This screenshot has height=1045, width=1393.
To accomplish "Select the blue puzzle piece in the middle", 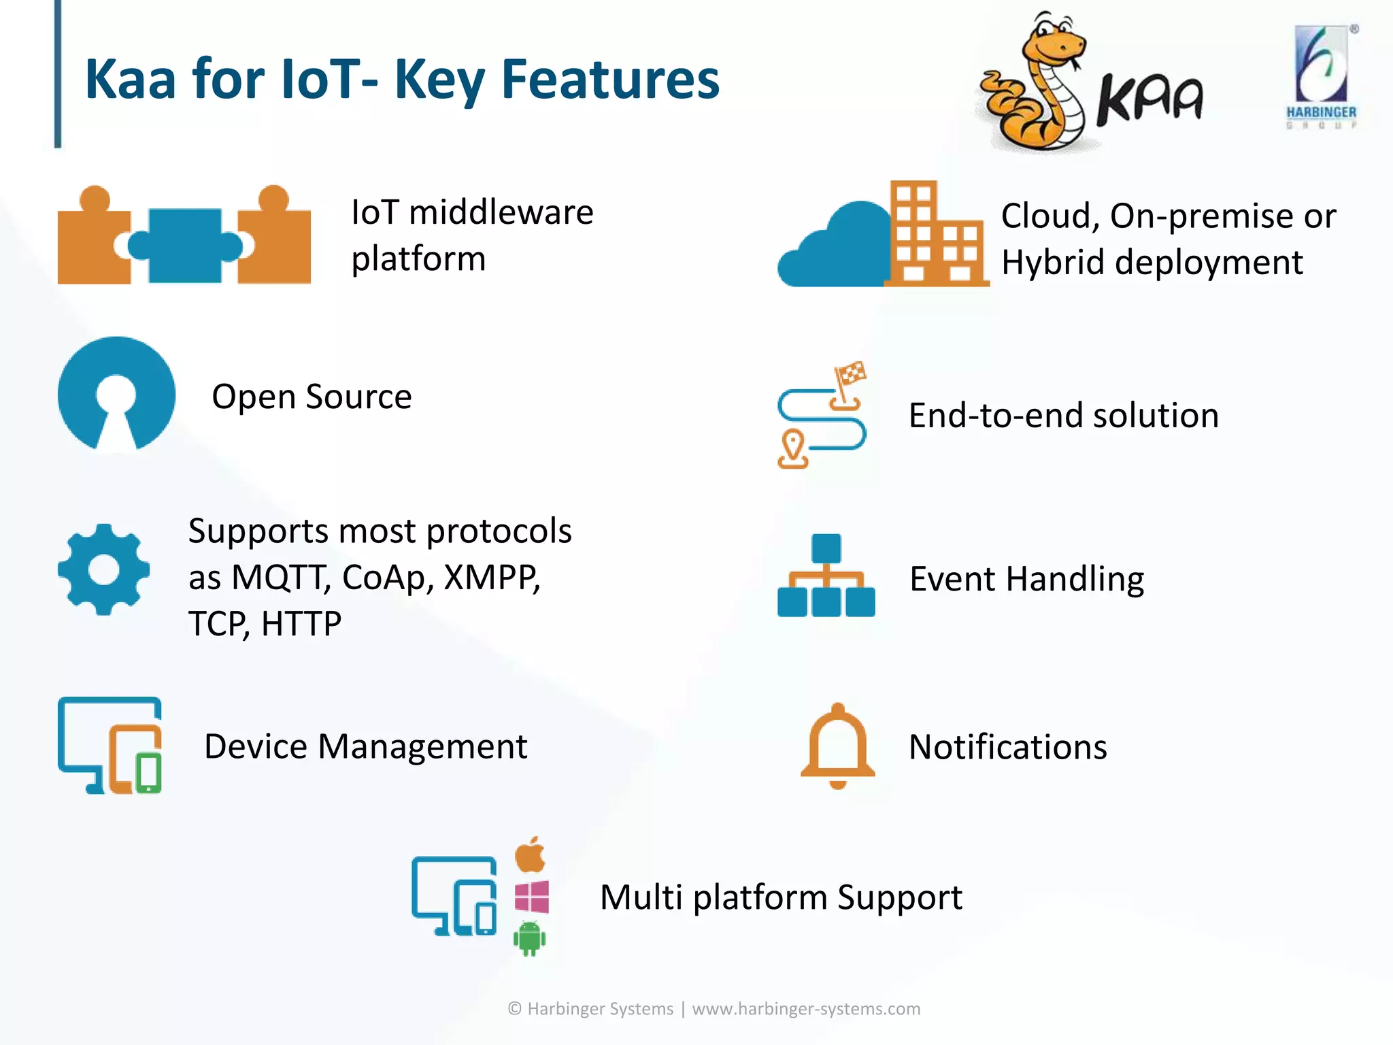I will coord(185,246).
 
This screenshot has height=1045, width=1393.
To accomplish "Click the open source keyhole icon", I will coord(116,395).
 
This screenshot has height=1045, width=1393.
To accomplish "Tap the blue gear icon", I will coord(103,569).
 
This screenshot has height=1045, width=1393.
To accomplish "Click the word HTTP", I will coord(301,624).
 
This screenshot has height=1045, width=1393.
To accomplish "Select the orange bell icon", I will coord(838,746).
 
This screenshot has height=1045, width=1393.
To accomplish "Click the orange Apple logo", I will coord(531,855).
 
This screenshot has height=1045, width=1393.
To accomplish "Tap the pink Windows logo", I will coord(532,897).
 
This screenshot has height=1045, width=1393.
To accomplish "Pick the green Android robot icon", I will coord(530,939).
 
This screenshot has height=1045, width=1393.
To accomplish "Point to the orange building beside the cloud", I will coord(935,235).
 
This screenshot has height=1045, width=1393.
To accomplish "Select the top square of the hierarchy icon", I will coord(826,548).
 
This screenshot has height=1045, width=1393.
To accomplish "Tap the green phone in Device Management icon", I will coord(148,773).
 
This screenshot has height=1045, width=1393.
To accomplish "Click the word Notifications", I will coord(1007,747).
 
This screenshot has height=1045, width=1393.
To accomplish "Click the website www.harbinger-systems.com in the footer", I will coord(806,1008).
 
